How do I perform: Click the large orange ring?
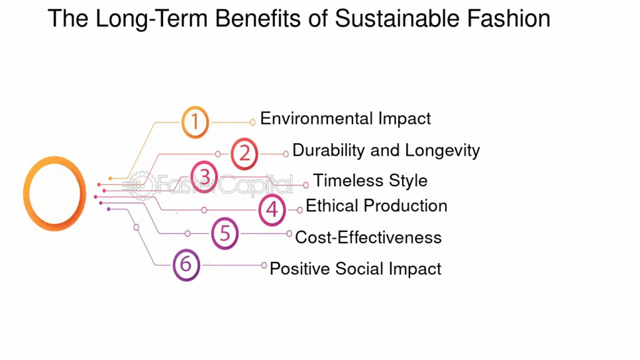(24, 194)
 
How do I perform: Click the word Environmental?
(316, 118)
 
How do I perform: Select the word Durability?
(329, 151)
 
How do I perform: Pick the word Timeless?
(347, 181)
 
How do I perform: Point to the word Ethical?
(332, 206)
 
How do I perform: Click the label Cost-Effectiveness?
(368, 237)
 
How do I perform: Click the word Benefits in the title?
(258, 19)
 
